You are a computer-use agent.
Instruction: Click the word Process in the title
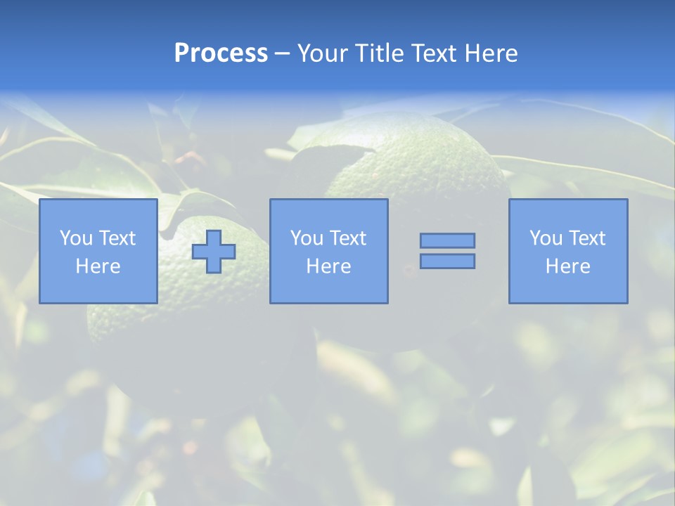pyautogui.click(x=221, y=53)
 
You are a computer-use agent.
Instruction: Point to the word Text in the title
pyautogui.click(x=439, y=53)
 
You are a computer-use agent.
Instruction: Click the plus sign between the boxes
pyautogui.click(x=214, y=252)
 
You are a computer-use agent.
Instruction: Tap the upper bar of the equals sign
pyautogui.click(x=447, y=240)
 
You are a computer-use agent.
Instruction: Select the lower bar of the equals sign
pyautogui.click(x=447, y=261)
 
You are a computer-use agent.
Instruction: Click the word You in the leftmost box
pyautogui.click(x=76, y=238)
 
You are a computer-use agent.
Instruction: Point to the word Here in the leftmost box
pyautogui.click(x=98, y=266)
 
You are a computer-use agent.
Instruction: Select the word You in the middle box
pyautogui.click(x=307, y=238)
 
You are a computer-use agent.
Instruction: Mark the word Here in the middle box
pyautogui.click(x=328, y=266)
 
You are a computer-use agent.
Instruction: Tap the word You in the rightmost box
pyautogui.click(x=546, y=238)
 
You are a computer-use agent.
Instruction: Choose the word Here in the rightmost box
pyautogui.click(x=567, y=266)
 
